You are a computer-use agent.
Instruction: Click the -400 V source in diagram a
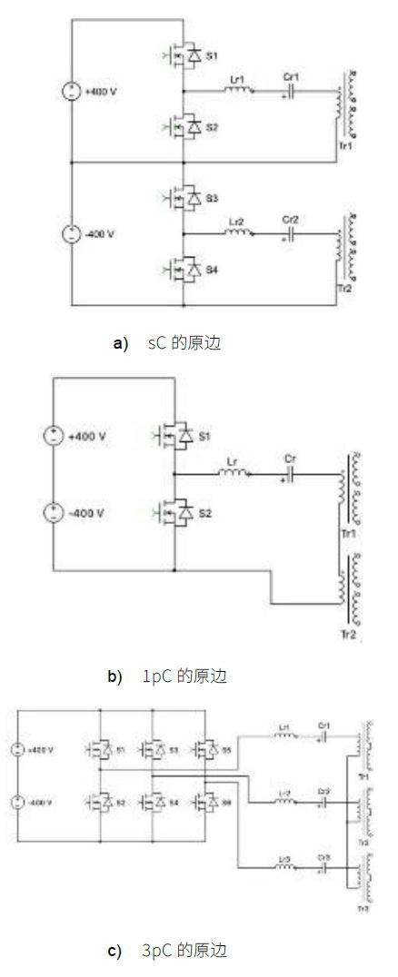click(x=70, y=233)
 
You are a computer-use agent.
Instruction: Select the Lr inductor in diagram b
click(x=233, y=473)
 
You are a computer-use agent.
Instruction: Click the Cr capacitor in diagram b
click(x=291, y=473)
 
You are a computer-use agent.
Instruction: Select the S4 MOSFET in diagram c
click(x=153, y=803)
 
